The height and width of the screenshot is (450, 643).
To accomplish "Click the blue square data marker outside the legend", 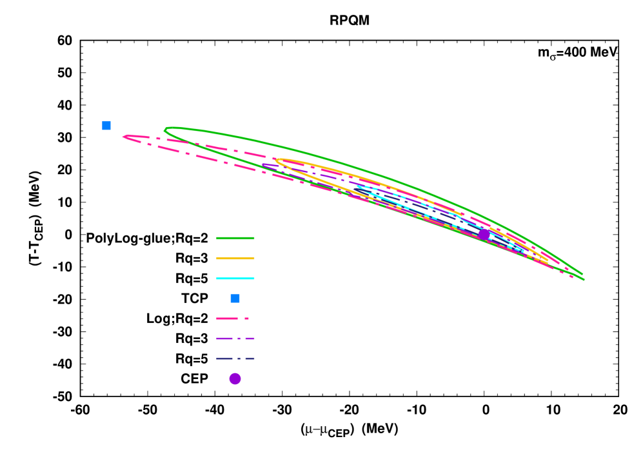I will (x=106, y=125).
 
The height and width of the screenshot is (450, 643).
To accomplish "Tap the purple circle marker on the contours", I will (x=484, y=234).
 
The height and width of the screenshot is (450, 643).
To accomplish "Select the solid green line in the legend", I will (x=235, y=238).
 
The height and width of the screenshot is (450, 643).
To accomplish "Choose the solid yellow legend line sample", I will (x=235, y=258).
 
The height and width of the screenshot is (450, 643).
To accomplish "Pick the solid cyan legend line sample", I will (x=235, y=279).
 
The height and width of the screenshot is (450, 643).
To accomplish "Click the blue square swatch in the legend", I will (x=235, y=298).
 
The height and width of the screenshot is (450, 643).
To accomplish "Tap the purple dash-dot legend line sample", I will (x=235, y=338).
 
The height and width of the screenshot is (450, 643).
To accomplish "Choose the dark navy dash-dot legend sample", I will (x=235, y=358).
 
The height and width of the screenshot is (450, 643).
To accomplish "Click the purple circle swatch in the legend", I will (x=235, y=378).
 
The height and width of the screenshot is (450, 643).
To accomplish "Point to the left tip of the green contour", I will (x=165, y=130).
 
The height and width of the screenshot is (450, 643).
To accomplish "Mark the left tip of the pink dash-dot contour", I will (x=124, y=137).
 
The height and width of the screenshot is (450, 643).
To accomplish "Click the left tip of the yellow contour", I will (x=277, y=160).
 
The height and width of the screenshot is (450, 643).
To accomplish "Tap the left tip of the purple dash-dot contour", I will (x=262, y=166).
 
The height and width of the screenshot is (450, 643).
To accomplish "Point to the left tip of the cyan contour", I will (x=357, y=187).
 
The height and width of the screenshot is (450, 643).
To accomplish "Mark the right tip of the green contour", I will (x=584, y=278).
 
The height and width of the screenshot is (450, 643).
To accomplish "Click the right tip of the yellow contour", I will (x=548, y=261).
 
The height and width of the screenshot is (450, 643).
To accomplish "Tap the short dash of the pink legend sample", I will (x=246, y=318).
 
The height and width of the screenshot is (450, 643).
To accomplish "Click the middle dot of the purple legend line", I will (x=239, y=338).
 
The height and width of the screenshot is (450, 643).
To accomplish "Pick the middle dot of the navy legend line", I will (x=239, y=358).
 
